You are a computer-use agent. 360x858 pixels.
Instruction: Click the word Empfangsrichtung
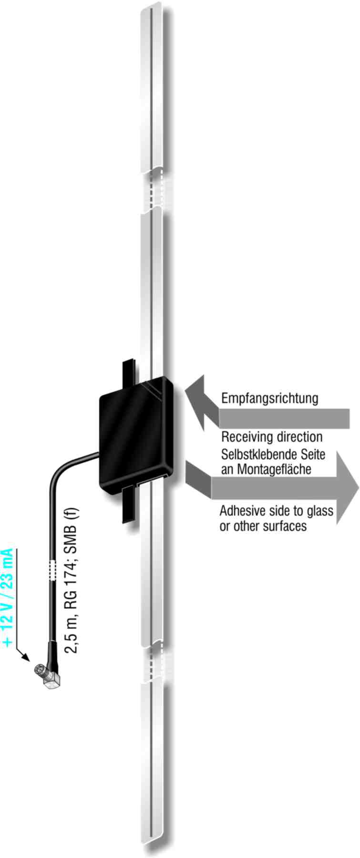coord(269,398)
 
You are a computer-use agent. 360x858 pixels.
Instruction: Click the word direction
coord(298,437)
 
